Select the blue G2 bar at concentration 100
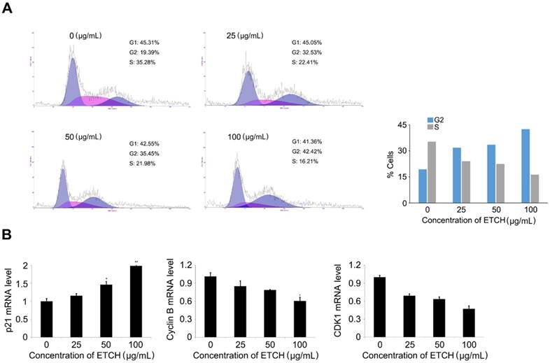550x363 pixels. pyautogui.click(x=505, y=166)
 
